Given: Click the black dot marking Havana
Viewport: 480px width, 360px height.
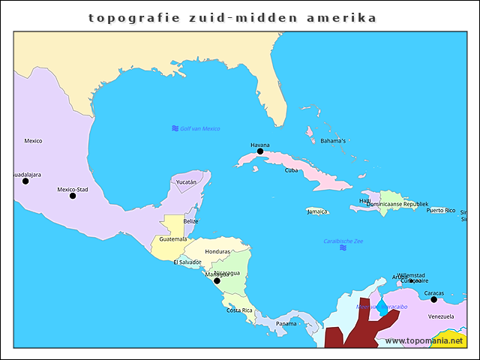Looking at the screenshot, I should pyautogui.click(x=260, y=151).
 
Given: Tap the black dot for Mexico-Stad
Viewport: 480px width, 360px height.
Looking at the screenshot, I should pyautogui.click(x=73, y=196).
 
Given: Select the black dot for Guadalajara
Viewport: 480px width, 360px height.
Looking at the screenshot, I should pyautogui.click(x=25, y=181).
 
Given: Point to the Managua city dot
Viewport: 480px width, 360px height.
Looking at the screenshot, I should pyautogui.click(x=217, y=280).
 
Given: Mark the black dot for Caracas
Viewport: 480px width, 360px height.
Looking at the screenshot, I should pyautogui.click(x=433, y=299).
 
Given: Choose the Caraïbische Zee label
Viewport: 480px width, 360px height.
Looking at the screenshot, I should pyautogui.click(x=343, y=241).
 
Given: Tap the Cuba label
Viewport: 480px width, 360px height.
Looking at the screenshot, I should pyautogui.click(x=291, y=170).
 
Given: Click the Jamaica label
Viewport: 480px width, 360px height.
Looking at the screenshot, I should pyautogui.click(x=317, y=211).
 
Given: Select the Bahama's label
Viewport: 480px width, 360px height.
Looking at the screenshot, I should pyautogui.click(x=333, y=140).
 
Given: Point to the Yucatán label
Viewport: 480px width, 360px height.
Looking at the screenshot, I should pyautogui.click(x=186, y=181).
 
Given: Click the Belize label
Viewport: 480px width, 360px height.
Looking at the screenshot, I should pyautogui.click(x=191, y=221).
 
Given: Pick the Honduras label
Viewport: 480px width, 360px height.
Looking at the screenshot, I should pyautogui.click(x=217, y=251).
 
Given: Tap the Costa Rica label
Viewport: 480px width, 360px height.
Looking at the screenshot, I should pyautogui.click(x=239, y=310).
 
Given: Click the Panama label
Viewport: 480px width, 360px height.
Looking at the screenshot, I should pyautogui.click(x=286, y=323).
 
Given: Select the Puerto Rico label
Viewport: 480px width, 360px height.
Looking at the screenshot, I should pyautogui.click(x=440, y=210).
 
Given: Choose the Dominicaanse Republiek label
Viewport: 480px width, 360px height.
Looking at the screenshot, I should pyautogui.click(x=397, y=204).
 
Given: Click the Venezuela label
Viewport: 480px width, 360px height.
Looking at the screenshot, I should pyautogui.click(x=441, y=316).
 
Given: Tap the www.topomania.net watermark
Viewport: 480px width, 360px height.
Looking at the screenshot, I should pyautogui.click(x=423, y=340).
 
